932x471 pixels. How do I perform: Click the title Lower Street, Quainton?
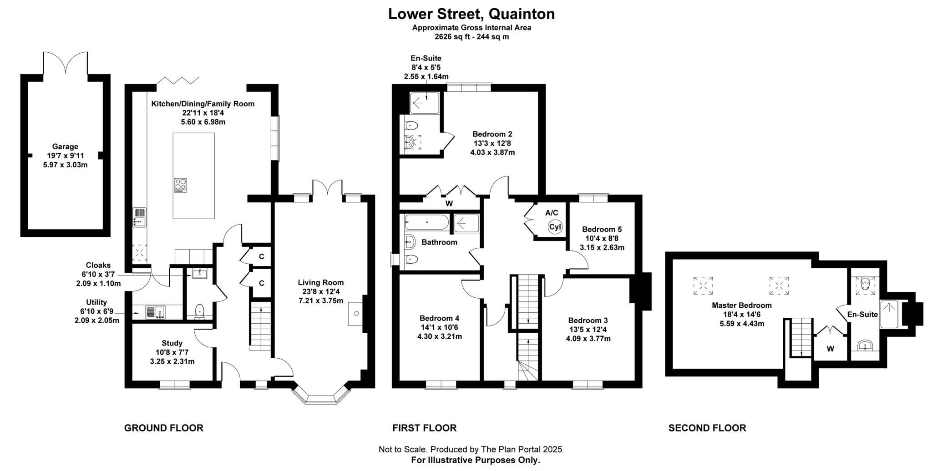click(471, 14)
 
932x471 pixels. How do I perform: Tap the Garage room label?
click(65, 146)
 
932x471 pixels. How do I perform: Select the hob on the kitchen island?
click(181, 185)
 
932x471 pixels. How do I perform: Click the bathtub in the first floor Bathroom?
click(426, 222)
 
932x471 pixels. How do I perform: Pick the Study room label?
click(172, 343)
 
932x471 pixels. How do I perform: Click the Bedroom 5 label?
click(602, 229)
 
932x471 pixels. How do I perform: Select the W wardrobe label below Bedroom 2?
click(449, 204)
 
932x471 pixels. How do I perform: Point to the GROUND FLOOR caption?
click(164, 428)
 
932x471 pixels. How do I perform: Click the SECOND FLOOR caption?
click(707, 428)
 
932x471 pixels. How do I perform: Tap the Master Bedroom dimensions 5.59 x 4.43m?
click(742, 324)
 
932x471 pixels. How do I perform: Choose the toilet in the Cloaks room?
click(199, 312)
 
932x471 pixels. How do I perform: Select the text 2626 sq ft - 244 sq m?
click(471, 37)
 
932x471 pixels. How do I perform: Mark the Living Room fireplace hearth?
click(356, 313)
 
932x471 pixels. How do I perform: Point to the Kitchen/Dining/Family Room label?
click(203, 104)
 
